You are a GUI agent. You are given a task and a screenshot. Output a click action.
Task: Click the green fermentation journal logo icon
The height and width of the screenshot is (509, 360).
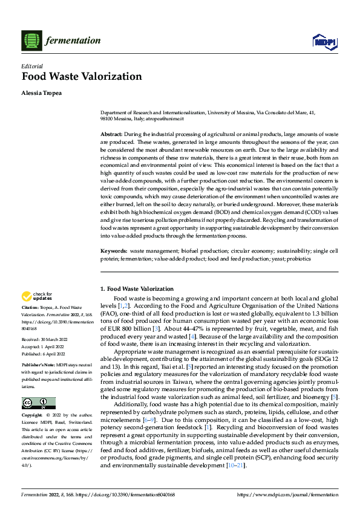tap(30, 41)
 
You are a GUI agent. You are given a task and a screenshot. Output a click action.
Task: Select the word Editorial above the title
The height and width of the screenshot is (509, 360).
tap(33, 66)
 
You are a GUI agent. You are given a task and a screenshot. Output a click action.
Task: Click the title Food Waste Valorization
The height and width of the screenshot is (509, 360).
tap(82, 77)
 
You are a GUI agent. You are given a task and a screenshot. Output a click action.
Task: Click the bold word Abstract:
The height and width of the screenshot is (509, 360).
tap(111, 133)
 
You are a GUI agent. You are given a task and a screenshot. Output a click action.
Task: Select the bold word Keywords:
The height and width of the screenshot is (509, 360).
tap(113, 250)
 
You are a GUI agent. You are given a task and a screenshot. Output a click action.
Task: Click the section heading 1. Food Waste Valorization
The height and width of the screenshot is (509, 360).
tap(137, 290)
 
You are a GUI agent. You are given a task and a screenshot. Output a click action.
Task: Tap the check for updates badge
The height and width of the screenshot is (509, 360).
tap(36, 296)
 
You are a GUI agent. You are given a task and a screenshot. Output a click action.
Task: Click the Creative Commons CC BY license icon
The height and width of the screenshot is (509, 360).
tap(39, 403)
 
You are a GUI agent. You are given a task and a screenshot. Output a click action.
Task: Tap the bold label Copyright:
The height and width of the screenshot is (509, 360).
tap(33, 416)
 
